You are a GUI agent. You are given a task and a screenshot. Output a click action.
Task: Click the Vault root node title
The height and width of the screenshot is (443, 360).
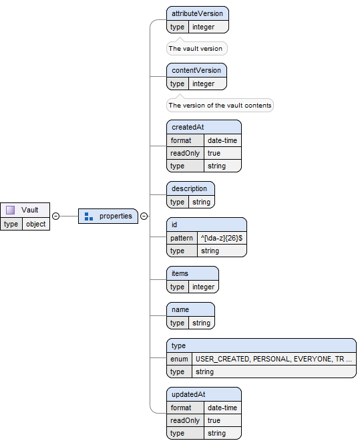click(29, 210)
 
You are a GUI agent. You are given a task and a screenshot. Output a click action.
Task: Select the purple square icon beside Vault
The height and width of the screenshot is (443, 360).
click(11, 210)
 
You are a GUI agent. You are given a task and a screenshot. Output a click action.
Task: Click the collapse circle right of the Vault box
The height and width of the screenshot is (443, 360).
click(55, 216)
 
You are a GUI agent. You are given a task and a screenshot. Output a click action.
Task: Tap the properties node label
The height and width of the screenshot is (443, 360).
click(116, 216)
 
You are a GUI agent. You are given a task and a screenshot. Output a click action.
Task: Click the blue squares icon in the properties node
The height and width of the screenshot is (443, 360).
click(89, 216)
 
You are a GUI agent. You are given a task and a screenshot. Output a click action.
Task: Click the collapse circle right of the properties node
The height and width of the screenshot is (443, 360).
click(144, 216)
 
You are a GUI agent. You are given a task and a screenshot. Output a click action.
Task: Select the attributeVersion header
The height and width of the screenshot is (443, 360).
click(197, 13)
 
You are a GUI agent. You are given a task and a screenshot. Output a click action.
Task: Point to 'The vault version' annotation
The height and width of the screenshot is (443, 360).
click(196, 49)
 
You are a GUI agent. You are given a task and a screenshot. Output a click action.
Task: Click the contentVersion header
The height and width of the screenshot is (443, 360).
click(196, 70)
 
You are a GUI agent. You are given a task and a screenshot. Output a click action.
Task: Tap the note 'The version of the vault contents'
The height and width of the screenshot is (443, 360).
click(220, 106)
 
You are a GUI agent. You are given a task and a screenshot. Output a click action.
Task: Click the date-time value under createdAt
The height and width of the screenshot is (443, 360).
click(222, 140)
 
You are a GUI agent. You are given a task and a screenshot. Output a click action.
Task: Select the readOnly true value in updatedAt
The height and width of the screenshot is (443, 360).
click(214, 420)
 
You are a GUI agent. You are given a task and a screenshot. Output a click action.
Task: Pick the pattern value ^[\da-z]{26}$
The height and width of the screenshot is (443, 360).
click(221, 238)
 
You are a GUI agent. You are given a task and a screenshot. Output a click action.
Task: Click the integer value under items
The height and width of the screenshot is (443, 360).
click(203, 287)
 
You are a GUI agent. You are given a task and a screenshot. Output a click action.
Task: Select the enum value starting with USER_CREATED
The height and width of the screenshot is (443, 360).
click(273, 359)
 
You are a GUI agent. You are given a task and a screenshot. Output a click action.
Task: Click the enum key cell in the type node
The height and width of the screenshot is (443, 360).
click(179, 359)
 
